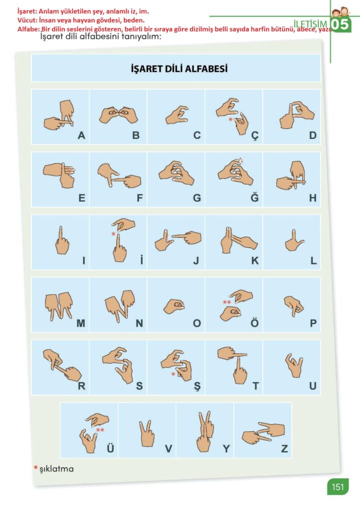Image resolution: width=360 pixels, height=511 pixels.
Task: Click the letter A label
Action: pos(81,135)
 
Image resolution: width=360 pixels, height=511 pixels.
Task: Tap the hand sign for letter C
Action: pos(177,115)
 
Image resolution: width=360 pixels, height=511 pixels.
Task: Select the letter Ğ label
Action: pos(255,197)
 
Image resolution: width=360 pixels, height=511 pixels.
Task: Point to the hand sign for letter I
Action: pos(62,241)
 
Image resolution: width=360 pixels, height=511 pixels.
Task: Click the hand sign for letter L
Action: pos(294,241)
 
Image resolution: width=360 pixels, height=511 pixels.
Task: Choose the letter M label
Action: pos(81,323)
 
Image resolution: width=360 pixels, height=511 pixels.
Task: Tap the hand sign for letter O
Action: pos(174,306)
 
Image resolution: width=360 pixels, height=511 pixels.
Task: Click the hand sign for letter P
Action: pos(294,306)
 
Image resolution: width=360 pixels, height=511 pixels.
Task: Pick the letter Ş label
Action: pos(197,387)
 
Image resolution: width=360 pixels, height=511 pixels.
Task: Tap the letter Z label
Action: pos(284,449)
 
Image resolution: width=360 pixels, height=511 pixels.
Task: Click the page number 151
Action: pos(338,487)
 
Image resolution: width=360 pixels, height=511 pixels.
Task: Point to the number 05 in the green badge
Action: pos(340,25)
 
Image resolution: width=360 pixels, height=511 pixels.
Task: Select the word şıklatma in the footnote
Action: pos(57,469)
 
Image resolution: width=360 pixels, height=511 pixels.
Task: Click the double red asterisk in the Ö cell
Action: pos(227,302)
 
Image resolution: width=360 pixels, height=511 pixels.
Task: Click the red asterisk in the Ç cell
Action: pos(230,120)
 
